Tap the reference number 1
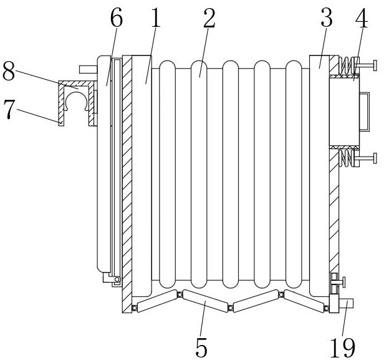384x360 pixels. [156, 17]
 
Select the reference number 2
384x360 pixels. [209, 18]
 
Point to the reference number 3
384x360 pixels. [327, 17]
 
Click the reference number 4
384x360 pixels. [362, 17]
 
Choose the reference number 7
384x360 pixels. [9, 109]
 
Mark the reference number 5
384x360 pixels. [201, 348]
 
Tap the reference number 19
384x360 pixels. [343, 348]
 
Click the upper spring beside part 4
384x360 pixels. [347, 65]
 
